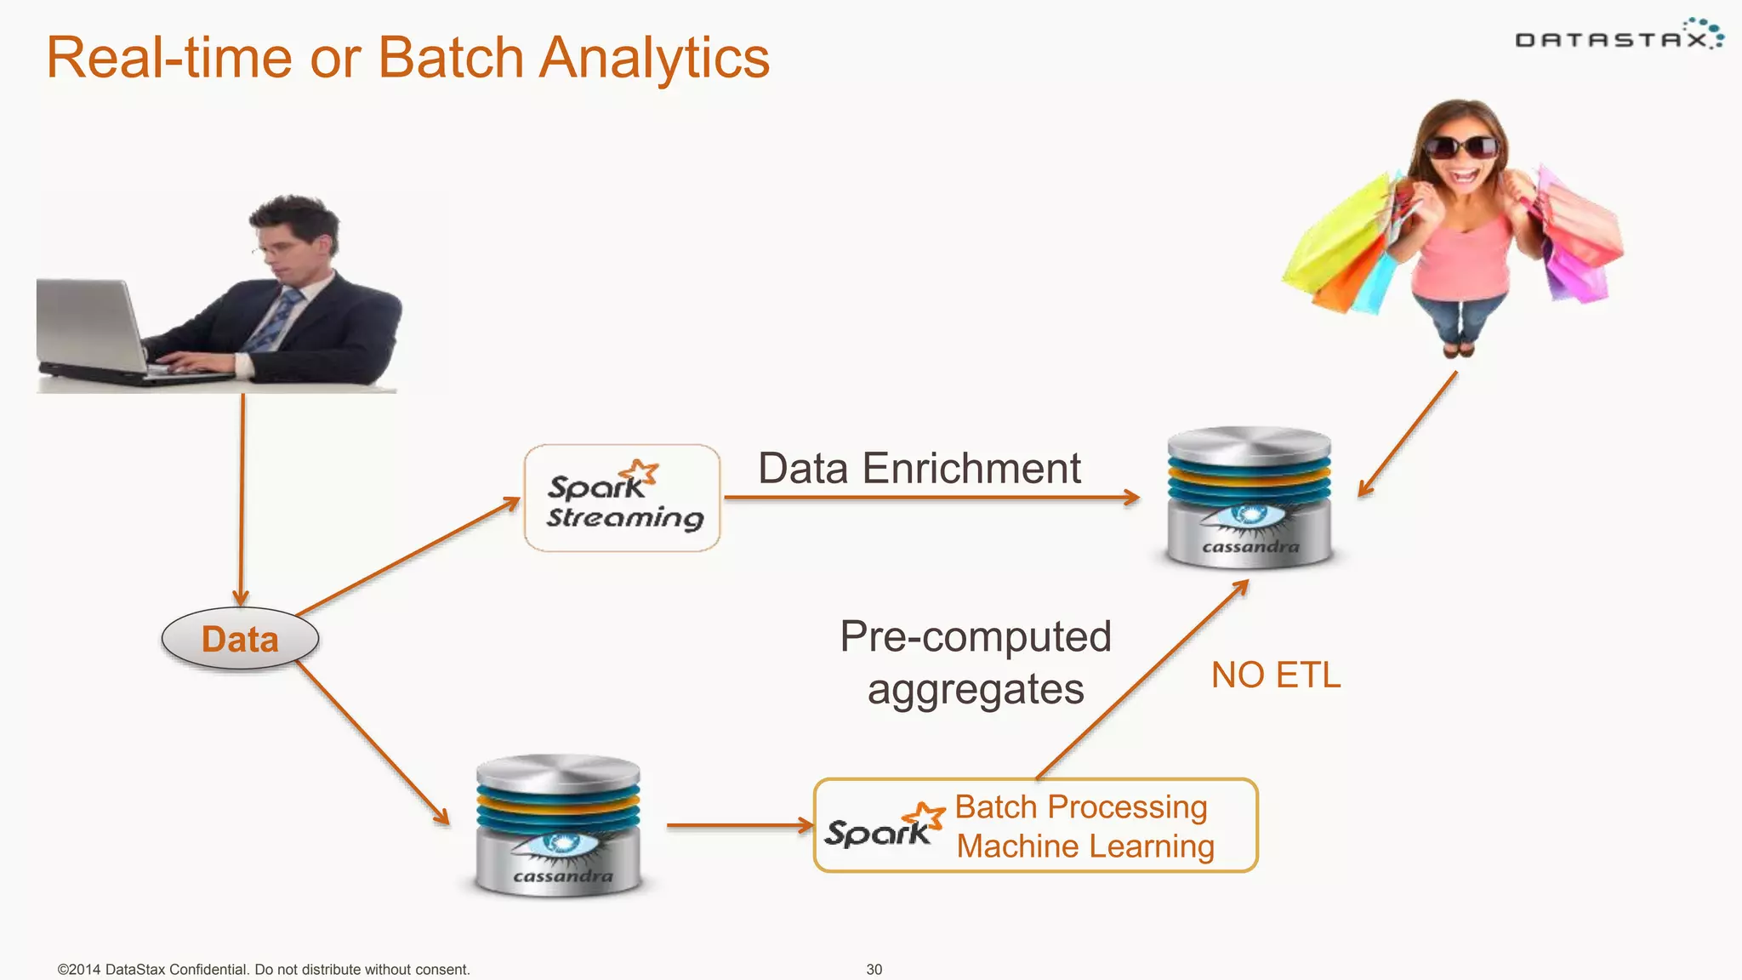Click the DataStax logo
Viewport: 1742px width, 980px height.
click(1619, 37)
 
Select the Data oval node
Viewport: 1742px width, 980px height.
click(240, 639)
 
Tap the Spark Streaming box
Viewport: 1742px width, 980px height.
click(623, 499)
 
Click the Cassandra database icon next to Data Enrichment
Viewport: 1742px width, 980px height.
click(1249, 498)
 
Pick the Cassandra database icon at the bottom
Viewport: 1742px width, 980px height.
click(558, 825)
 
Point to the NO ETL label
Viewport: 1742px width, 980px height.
click(1275, 675)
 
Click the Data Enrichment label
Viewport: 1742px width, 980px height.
click(919, 469)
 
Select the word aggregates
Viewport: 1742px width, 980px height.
click(976, 690)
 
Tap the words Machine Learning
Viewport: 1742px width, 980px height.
click(1085, 846)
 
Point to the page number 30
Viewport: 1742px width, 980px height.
click(874, 969)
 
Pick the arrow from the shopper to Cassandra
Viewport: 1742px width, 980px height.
click(1408, 434)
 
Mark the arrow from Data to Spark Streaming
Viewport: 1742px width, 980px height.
click(408, 556)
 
